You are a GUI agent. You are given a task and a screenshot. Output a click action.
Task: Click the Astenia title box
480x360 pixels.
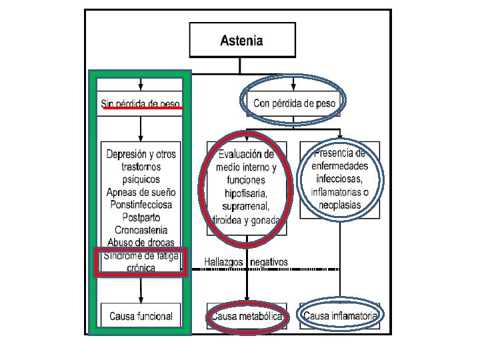point(241,41)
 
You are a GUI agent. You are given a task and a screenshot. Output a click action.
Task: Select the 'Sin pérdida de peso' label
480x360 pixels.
point(141,103)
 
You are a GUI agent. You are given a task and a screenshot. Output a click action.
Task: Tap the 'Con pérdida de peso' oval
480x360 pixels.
point(293,103)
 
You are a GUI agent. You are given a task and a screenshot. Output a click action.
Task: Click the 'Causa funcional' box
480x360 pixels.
point(141,316)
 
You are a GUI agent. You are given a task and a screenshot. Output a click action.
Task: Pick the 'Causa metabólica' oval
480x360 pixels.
point(247,316)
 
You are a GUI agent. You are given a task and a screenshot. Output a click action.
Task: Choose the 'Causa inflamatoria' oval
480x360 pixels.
point(341,315)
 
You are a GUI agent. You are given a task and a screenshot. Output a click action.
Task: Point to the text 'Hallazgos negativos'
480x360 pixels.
point(246,262)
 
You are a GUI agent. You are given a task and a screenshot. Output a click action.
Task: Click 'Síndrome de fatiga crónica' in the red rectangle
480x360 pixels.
point(141,261)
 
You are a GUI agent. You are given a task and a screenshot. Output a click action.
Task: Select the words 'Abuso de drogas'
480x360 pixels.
point(141,242)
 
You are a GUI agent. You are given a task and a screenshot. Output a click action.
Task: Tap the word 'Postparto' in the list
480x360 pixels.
point(141,217)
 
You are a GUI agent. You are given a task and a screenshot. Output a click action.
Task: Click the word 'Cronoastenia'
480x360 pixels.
point(141,230)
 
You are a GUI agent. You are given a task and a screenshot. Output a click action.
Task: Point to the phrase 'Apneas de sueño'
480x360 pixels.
point(141,192)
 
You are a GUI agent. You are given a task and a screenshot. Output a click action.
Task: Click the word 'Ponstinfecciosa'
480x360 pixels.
point(141,205)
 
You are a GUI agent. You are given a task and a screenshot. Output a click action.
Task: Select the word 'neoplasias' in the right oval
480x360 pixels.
point(341,205)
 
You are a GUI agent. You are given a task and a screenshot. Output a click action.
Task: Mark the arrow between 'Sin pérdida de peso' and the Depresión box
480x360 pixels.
point(141,128)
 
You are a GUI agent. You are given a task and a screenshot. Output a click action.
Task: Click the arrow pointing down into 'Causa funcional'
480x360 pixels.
point(141,291)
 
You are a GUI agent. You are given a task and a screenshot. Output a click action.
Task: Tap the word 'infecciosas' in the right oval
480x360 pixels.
point(341,179)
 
